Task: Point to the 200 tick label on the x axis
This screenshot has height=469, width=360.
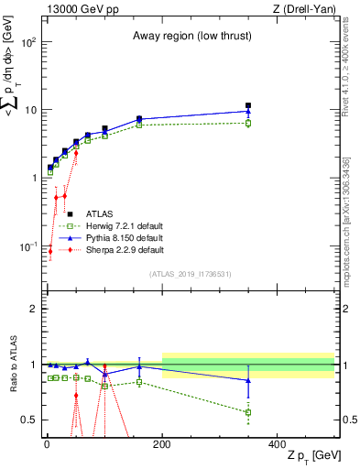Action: pyautogui.click(x=162, y=443)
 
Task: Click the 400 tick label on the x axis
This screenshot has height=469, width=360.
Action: pyautogui.click(x=278, y=443)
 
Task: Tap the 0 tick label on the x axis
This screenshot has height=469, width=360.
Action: pyautogui.click(x=47, y=443)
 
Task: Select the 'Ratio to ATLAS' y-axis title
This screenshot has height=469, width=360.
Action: pyautogui.click(x=12, y=364)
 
